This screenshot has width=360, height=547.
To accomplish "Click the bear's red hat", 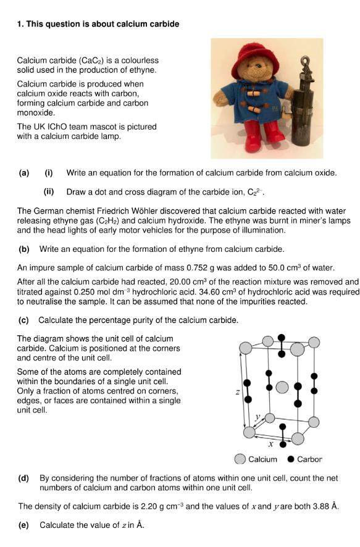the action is (256, 57).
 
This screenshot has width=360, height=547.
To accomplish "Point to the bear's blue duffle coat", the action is (254, 101).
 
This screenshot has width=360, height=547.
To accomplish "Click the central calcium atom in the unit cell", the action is (282, 387).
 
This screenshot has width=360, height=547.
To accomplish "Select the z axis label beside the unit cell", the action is (238, 392).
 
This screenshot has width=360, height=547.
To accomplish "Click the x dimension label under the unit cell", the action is (270, 444).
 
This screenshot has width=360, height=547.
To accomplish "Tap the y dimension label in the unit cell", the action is (257, 417).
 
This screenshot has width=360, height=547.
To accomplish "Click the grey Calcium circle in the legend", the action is (240, 459).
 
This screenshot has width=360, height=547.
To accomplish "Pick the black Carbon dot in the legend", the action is (291, 459).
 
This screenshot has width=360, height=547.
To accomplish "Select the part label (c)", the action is (23, 320).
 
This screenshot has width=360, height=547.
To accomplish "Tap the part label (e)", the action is (23, 525).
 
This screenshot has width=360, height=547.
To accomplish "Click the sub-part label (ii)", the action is (49, 192).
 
